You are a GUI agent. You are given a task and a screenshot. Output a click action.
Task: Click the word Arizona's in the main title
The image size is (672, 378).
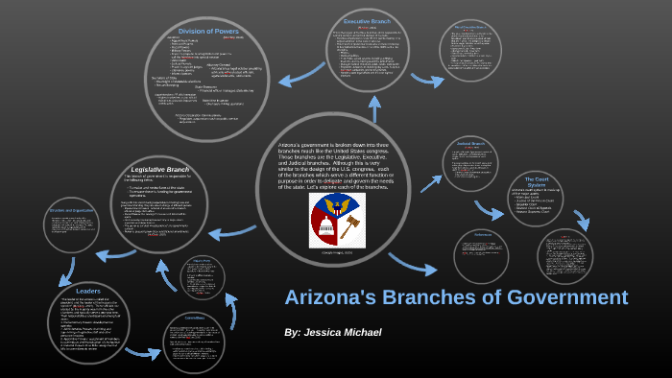[334, 297]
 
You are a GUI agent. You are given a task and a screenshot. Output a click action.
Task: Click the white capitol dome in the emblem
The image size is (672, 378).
[324, 225]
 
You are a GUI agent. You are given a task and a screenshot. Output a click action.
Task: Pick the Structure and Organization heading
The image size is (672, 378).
[69, 209]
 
